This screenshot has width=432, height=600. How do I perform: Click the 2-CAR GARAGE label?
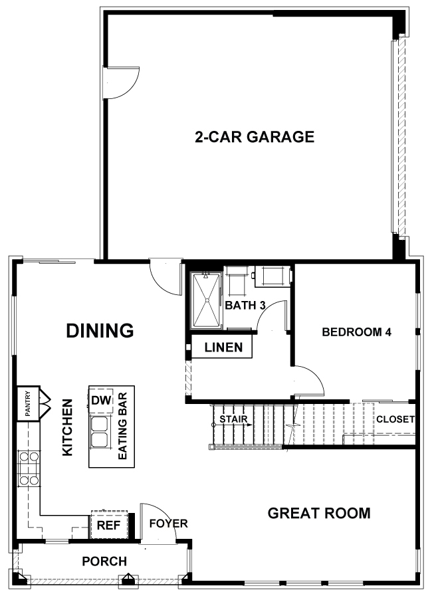tap(255, 137)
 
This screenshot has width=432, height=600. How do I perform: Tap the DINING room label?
tap(100, 331)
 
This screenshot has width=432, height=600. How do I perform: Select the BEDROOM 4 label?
tap(357, 332)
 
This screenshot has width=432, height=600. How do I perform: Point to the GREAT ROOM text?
tap(319, 513)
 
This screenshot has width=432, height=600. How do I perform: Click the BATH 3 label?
tap(245, 306)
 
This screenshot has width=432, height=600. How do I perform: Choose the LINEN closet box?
tap(221, 347)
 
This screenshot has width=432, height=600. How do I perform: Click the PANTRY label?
tap(27, 403)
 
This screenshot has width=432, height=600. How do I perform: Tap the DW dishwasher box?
tap(101, 400)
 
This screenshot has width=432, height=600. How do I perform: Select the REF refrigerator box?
tap(109, 525)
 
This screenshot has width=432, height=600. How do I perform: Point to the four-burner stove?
tap(29, 468)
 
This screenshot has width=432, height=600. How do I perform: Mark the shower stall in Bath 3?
tap(207, 300)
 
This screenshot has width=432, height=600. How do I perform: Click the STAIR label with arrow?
tap(233, 420)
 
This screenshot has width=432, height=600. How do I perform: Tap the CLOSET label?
tap(395, 419)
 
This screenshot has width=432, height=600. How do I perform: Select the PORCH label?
tap(104, 561)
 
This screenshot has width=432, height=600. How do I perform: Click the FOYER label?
tap(168, 523)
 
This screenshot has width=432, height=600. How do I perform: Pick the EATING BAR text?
tap(122, 427)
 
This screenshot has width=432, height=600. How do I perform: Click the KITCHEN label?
tap(67, 427)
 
